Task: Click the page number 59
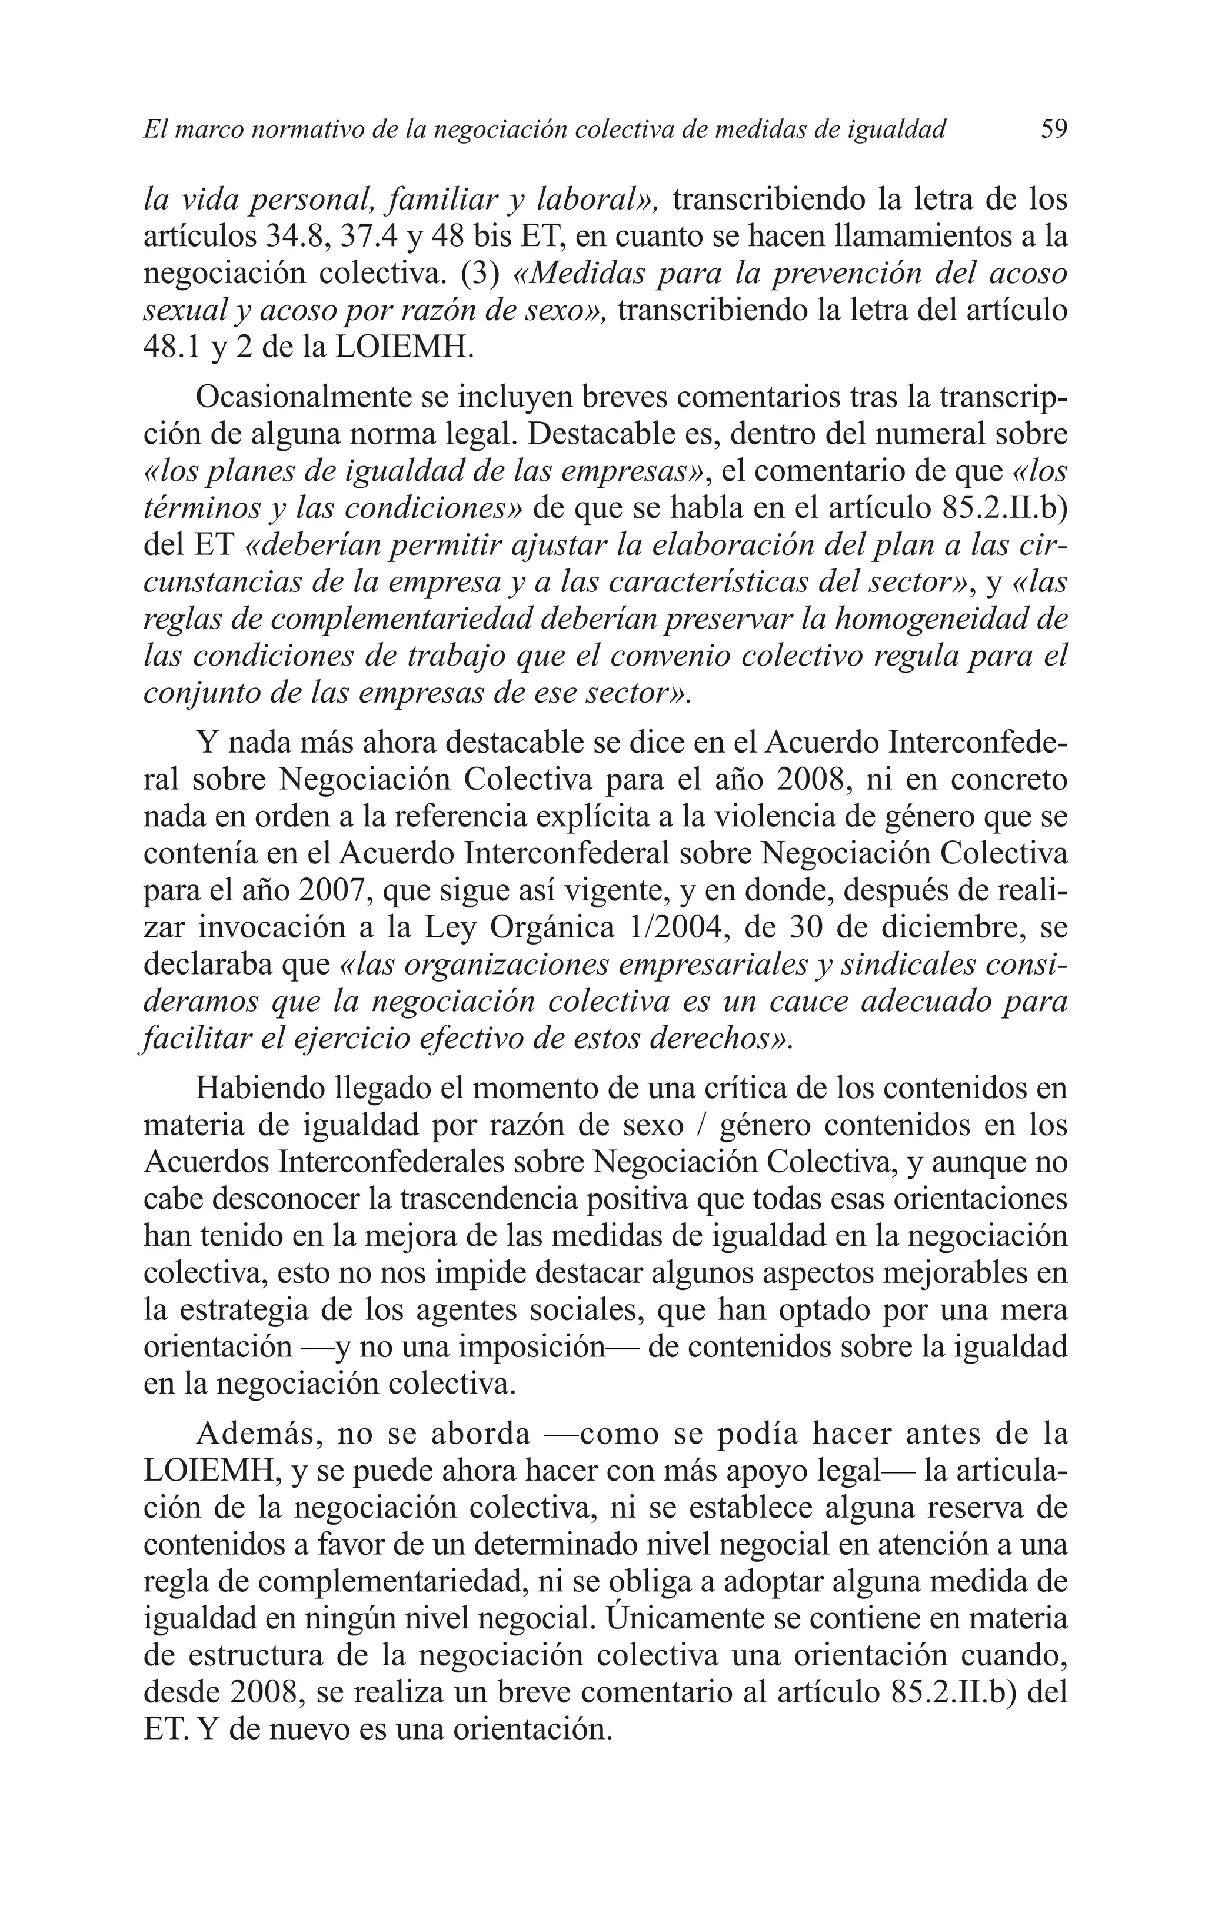pyautogui.click(x=1054, y=128)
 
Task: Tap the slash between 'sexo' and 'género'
pyautogui.click(x=704, y=1126)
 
